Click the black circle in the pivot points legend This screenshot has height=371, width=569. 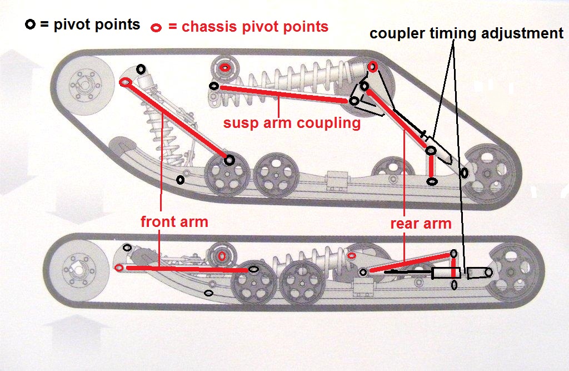(29, 24)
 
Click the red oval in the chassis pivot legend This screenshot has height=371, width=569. (157, 27)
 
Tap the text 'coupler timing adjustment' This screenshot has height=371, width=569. (466, 33)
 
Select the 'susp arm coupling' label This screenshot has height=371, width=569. (292, 123)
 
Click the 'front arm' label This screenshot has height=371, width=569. (174, 222)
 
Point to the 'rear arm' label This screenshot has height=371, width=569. (421, 224)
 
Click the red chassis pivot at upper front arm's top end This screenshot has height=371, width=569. (125, 82)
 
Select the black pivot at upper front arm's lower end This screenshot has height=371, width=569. (229, 160)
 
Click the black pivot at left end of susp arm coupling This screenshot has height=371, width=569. (213, 86)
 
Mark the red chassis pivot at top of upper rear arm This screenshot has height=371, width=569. (372, 67)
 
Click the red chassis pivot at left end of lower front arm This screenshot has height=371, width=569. (118, 268)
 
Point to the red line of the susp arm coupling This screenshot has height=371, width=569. (283, 93)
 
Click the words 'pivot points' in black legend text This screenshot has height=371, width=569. (97, 25)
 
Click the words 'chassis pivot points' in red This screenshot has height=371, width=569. (247, 27)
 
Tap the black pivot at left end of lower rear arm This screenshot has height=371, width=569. (363, 272)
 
